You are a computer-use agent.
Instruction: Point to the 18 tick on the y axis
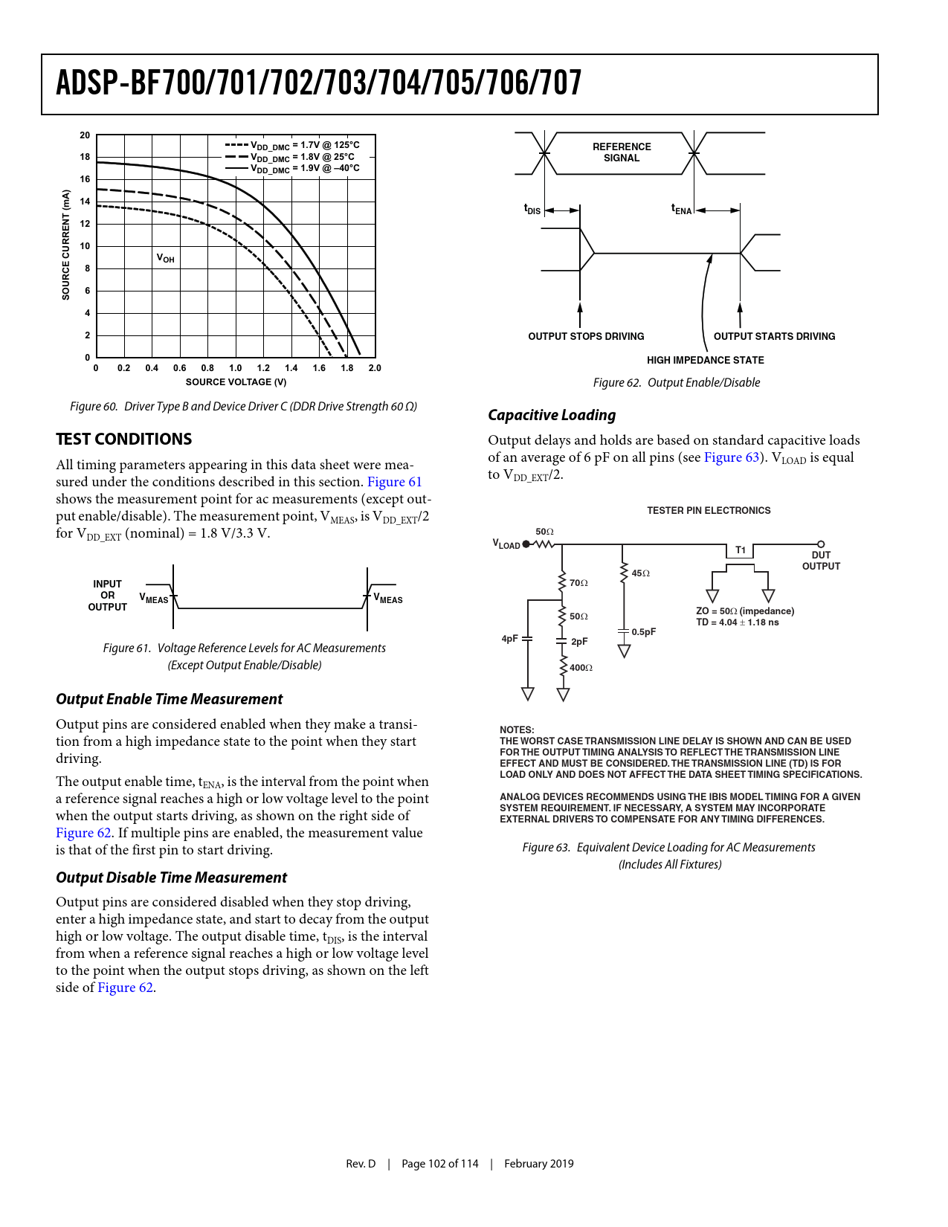click(x=85, y=157)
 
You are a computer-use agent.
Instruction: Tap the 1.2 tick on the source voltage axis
click(x=263, y=368)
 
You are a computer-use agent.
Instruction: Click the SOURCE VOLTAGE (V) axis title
click(x=236, y=382)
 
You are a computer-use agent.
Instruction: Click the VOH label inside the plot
click(x=165, y=258)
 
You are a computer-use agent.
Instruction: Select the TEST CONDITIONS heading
click(x=123, y=439)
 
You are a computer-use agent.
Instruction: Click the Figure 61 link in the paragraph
click(x=394, y=482)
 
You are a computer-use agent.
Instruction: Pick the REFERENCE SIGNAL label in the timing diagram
click(x=622, y=152)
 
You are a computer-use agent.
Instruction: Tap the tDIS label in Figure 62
click(x=532, y=210)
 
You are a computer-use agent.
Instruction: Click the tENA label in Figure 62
click(x=681, y=210)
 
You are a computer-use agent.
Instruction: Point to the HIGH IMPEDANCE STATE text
click(x=705, y=360)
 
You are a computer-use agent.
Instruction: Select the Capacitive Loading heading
click(x=552, y=415)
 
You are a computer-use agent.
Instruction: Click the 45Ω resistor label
click(x=640, y=573)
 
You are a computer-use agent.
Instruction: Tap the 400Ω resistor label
click(x=581, y=668)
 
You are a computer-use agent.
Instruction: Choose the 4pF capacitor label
click(x=509, y=639)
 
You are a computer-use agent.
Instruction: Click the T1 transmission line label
click(x=741, y=550)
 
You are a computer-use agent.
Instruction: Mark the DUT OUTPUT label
click(x=821, y=561)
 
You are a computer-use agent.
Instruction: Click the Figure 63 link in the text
click(x=732, y=457)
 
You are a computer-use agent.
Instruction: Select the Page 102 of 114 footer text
click(x=439, y=1164)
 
